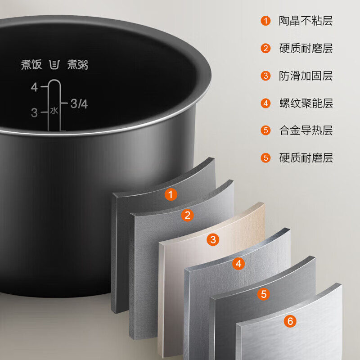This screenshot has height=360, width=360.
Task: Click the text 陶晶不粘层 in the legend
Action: tap(306, 21)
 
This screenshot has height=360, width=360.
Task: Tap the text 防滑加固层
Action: tap(306, 76)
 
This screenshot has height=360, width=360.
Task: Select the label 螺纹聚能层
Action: tap(306, 103)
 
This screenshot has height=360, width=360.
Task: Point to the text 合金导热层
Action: tap(306, 130)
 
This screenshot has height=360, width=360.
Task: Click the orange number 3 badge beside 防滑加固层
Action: tap(266, 76)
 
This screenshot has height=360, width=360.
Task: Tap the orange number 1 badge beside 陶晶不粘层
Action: tap(266, 21)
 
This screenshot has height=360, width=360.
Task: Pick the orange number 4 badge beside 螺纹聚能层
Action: tap(266, 103)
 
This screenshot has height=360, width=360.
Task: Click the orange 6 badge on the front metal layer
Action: tap(290, 321)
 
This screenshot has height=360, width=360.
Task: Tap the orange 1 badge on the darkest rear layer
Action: tap(171, 195)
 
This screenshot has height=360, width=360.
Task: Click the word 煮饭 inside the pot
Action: tap(31, 65)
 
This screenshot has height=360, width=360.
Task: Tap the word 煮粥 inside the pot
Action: tap(78, 65)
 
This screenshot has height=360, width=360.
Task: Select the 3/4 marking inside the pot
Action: tap(79, 104)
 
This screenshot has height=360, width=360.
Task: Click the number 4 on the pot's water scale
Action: tap(35, 88)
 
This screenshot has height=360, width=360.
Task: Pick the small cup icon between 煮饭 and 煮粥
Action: tap(54, 65)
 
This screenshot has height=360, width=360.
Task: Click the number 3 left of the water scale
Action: tap(34, 113)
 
